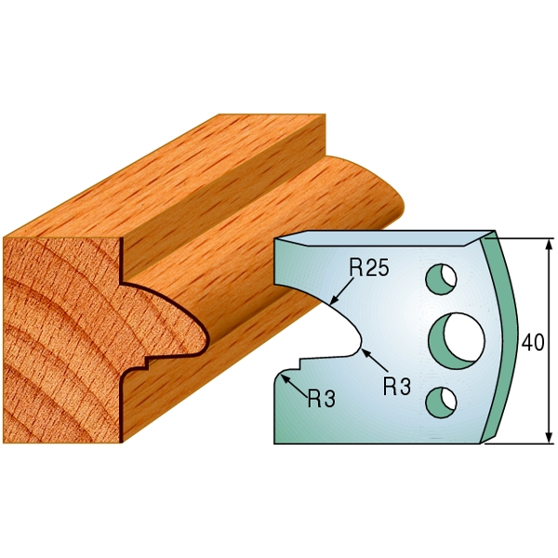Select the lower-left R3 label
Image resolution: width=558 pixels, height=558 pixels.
pyautogui.click(x=320, y=399)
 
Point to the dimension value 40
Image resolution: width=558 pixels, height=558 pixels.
pyautogui.click(x=533, y=342)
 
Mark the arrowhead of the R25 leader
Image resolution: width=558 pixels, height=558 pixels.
pyautogui.click(x=334, y=300)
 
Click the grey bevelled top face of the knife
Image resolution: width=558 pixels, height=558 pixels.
pyautogui.click(x=391, y=238)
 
